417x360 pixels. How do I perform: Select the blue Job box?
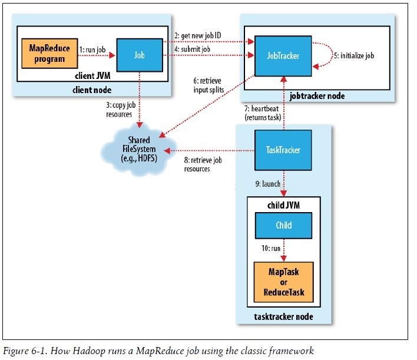click(140, 54)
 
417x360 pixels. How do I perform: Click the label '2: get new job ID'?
click(202, 36)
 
